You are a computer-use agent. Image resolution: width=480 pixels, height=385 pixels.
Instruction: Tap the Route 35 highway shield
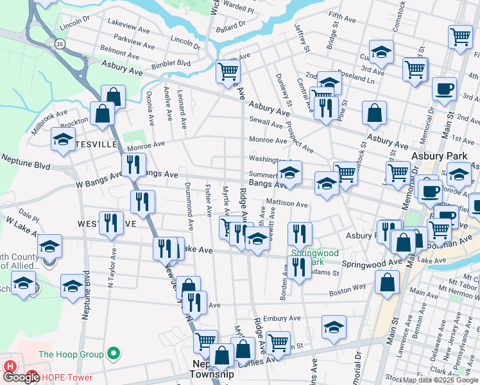click(x=60, y=44)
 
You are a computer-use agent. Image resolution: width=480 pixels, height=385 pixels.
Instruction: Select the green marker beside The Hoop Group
click(x=114, y=353)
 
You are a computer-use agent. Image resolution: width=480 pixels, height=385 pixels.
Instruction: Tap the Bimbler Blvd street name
click(x=172, y=64)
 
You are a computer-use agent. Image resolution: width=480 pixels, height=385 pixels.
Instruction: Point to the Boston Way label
click(x=348, y=289)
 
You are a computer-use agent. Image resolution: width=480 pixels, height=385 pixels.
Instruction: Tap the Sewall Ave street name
click(x=266, y=120)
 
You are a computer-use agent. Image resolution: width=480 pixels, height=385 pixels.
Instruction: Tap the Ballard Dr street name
click(x=231, y=26)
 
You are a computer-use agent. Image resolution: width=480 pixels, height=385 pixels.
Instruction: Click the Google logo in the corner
click(x=21, y=377)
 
